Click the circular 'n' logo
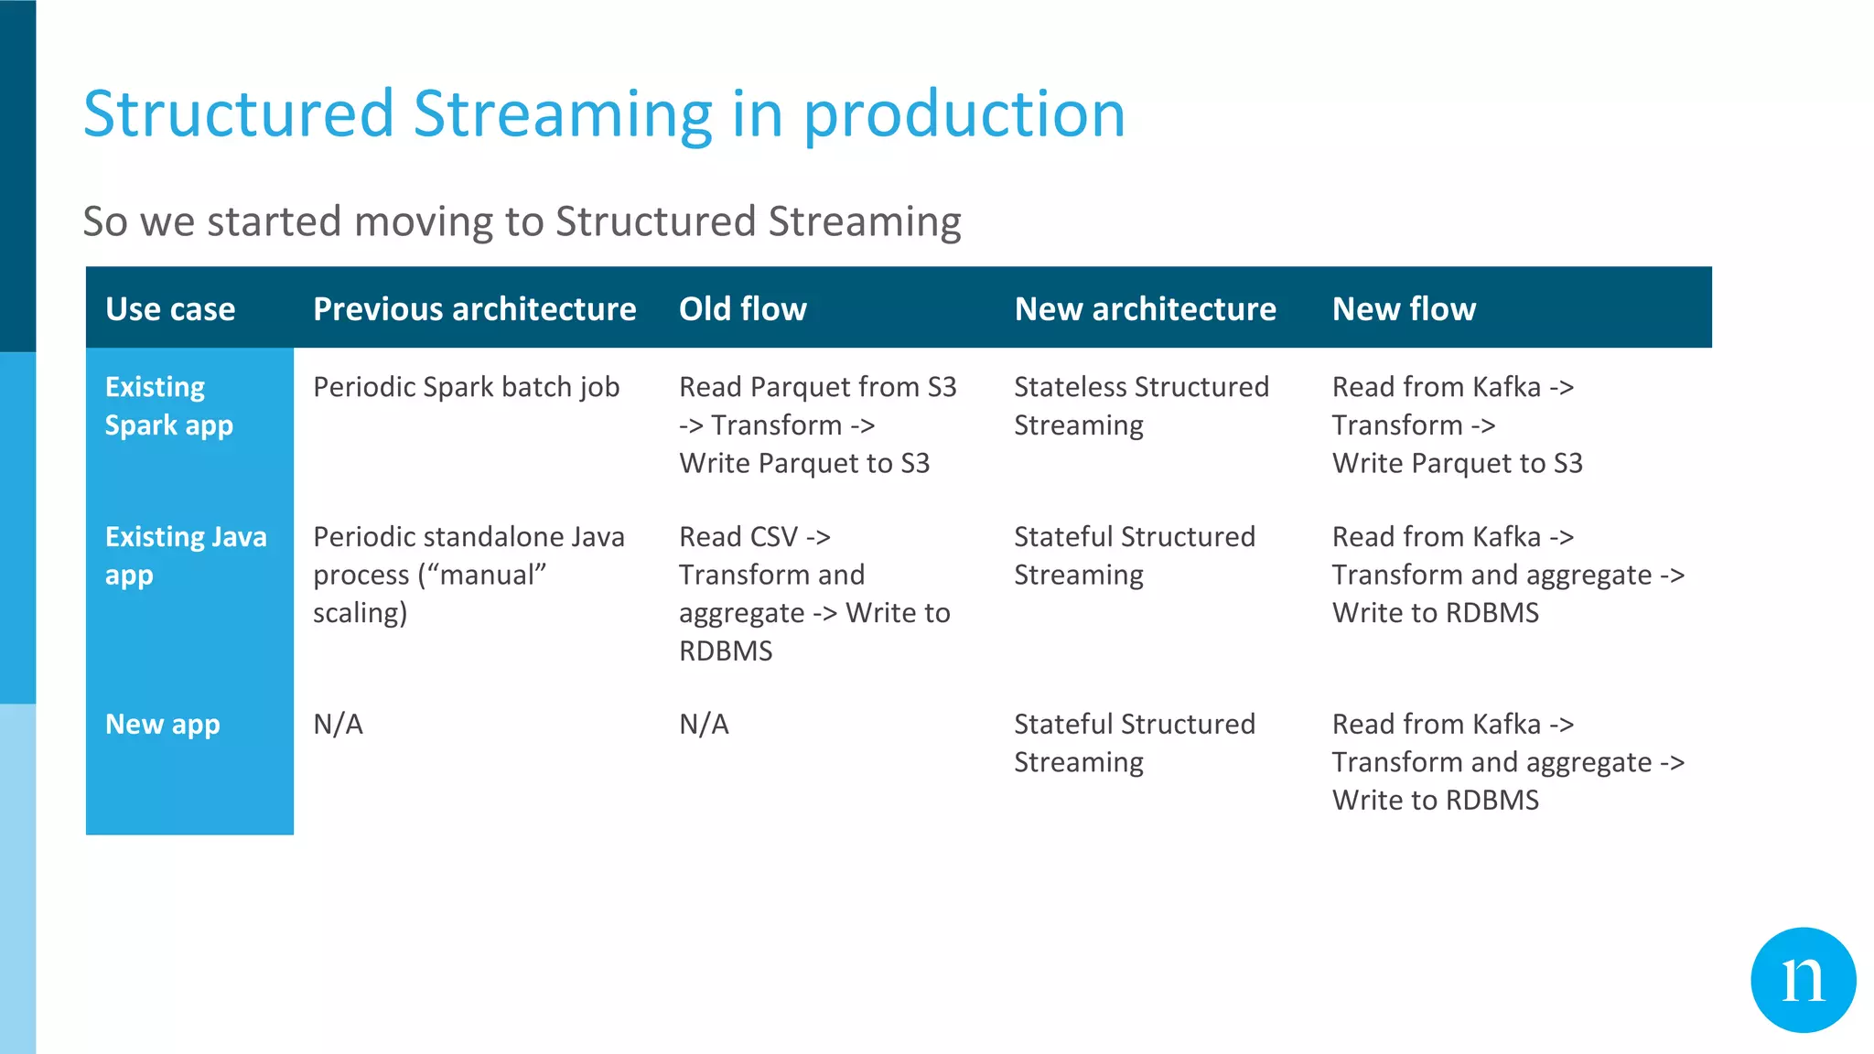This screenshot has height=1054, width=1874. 1803,980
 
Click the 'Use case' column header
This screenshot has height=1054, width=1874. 170,309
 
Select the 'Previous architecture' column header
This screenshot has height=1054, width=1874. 474,309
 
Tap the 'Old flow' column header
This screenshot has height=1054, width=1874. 742,309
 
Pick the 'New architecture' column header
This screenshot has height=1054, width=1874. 1145,309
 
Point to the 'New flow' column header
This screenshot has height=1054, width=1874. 1404,309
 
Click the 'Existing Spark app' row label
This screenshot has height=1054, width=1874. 169,406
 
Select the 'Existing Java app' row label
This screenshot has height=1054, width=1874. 186,555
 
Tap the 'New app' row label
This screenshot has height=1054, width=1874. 163,725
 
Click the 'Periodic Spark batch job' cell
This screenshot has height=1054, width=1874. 466,388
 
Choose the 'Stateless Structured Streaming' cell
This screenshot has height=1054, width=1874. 1141,406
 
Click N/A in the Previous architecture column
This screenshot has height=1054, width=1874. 338,725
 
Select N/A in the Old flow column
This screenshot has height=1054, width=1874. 704,725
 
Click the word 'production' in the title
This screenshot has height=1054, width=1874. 964,115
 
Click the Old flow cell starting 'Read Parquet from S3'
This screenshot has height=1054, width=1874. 817,425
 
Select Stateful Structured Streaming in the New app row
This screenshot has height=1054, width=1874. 1134,743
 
